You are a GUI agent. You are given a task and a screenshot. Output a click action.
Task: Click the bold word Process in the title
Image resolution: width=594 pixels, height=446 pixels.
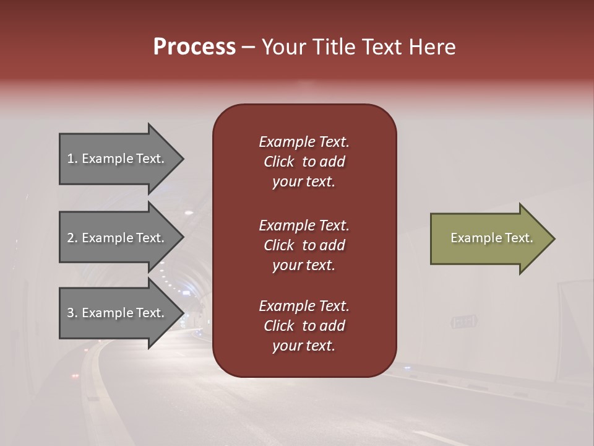194,47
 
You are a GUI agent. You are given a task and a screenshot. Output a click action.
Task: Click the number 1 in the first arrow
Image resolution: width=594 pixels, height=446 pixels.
71,159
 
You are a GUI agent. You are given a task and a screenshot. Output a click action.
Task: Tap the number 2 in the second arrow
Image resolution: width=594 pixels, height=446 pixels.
71,238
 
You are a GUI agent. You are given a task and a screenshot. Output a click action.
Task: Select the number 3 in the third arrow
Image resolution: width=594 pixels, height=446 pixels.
71,313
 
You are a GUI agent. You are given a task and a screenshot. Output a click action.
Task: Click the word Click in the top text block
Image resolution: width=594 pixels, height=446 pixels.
278,162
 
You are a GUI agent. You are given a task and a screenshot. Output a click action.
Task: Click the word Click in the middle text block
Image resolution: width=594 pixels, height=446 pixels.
278,245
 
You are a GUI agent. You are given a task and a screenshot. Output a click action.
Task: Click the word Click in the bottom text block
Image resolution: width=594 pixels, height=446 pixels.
278,326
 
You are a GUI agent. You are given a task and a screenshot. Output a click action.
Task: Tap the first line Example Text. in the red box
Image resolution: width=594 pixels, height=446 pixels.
304,142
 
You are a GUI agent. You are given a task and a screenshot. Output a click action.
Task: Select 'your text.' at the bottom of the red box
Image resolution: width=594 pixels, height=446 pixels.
304,346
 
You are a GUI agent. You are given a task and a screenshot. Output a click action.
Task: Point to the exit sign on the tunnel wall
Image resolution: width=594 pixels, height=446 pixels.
464,322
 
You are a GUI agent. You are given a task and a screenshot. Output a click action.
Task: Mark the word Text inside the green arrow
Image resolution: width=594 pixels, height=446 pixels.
520,238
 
